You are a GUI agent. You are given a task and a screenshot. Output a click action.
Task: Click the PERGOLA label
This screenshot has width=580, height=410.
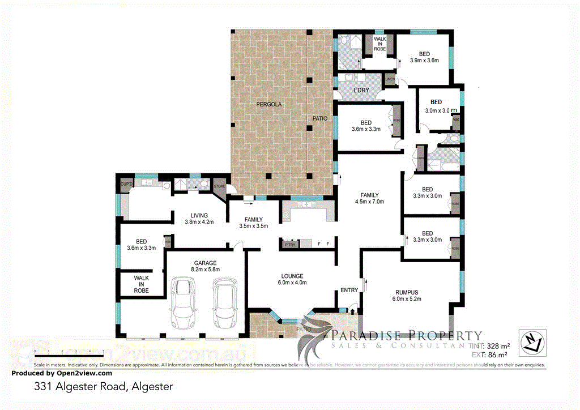[268, 104]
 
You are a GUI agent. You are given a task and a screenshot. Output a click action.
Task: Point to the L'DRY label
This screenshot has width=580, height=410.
[361, 91]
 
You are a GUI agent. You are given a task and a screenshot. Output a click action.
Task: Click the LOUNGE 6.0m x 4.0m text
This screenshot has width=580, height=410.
[292, 279]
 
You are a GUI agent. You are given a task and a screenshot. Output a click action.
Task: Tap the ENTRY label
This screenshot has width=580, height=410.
[349, 291]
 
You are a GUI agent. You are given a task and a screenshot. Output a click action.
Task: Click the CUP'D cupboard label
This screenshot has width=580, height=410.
[125, 184]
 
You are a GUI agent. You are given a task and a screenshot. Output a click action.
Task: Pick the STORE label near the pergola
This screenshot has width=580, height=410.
[219, 185]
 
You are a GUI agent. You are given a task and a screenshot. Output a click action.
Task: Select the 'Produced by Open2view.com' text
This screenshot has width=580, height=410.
[62, 373]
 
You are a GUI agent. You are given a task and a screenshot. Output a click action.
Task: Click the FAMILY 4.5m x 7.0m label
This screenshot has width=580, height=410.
[369, 198]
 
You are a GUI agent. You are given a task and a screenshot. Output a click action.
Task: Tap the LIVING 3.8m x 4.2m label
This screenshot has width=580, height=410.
[199, 219]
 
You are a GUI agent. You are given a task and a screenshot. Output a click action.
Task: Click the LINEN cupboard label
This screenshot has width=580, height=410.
[390, 79]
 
